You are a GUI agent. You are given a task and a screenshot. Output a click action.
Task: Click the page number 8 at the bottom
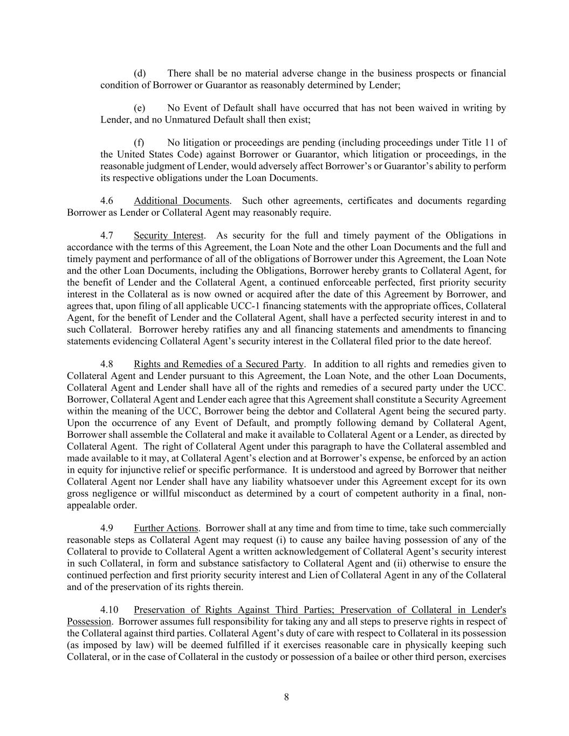(286, 697)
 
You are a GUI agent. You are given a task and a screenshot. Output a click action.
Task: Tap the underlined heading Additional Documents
(182, 201)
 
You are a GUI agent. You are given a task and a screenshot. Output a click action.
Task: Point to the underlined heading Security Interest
(169, 235)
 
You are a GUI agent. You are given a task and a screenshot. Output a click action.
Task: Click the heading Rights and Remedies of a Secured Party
(218, 364)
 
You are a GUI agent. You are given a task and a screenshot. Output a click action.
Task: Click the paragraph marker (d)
(140, 73)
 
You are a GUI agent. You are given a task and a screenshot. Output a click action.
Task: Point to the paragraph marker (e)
(140, 108)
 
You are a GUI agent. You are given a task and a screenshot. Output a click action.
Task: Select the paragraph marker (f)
(139, 142)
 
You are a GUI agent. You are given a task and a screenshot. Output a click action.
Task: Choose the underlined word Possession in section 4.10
(89, 622)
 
